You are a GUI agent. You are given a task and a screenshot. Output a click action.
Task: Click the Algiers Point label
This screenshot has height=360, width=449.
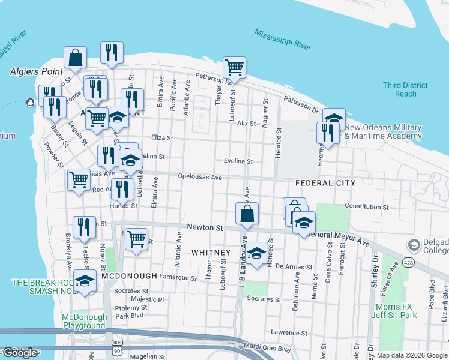(x=36, y=71)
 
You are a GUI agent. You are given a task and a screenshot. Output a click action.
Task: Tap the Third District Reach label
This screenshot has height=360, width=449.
(x=406, y=89)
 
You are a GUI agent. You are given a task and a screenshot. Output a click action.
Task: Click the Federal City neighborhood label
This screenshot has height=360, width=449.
(x=325, y=182)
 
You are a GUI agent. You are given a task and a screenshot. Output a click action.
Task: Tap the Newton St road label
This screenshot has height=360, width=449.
(x=205, y=228)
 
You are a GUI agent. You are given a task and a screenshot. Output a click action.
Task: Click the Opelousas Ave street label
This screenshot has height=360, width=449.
(x=200, y=177)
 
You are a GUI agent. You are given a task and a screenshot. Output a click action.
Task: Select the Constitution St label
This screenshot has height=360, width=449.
(x=367, y=206)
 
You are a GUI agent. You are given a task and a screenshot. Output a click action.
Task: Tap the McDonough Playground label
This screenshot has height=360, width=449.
(x=85, y=321)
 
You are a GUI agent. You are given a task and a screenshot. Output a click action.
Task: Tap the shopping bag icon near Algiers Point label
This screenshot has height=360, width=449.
(x=76, y=58)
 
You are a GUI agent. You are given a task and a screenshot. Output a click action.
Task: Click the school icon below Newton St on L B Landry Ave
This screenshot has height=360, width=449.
(x=256, y=253)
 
